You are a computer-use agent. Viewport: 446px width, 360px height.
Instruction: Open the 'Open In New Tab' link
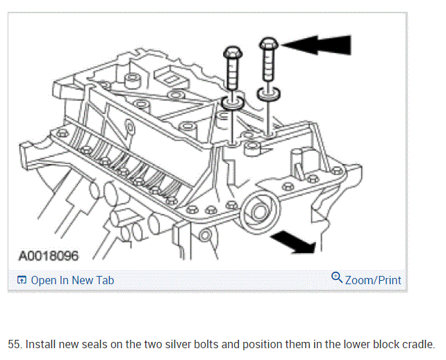point(72,281)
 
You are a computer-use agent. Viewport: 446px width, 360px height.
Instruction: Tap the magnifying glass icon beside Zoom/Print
point(337,279)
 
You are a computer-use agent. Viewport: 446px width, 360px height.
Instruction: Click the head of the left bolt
point(232,53)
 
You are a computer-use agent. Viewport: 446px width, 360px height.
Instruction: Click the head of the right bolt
point(269,44)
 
